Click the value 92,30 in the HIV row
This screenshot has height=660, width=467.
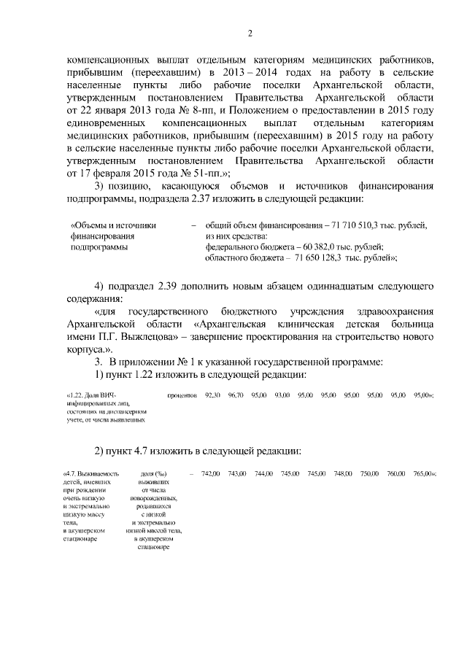[212, 395]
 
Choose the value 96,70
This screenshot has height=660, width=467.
[235, 395]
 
